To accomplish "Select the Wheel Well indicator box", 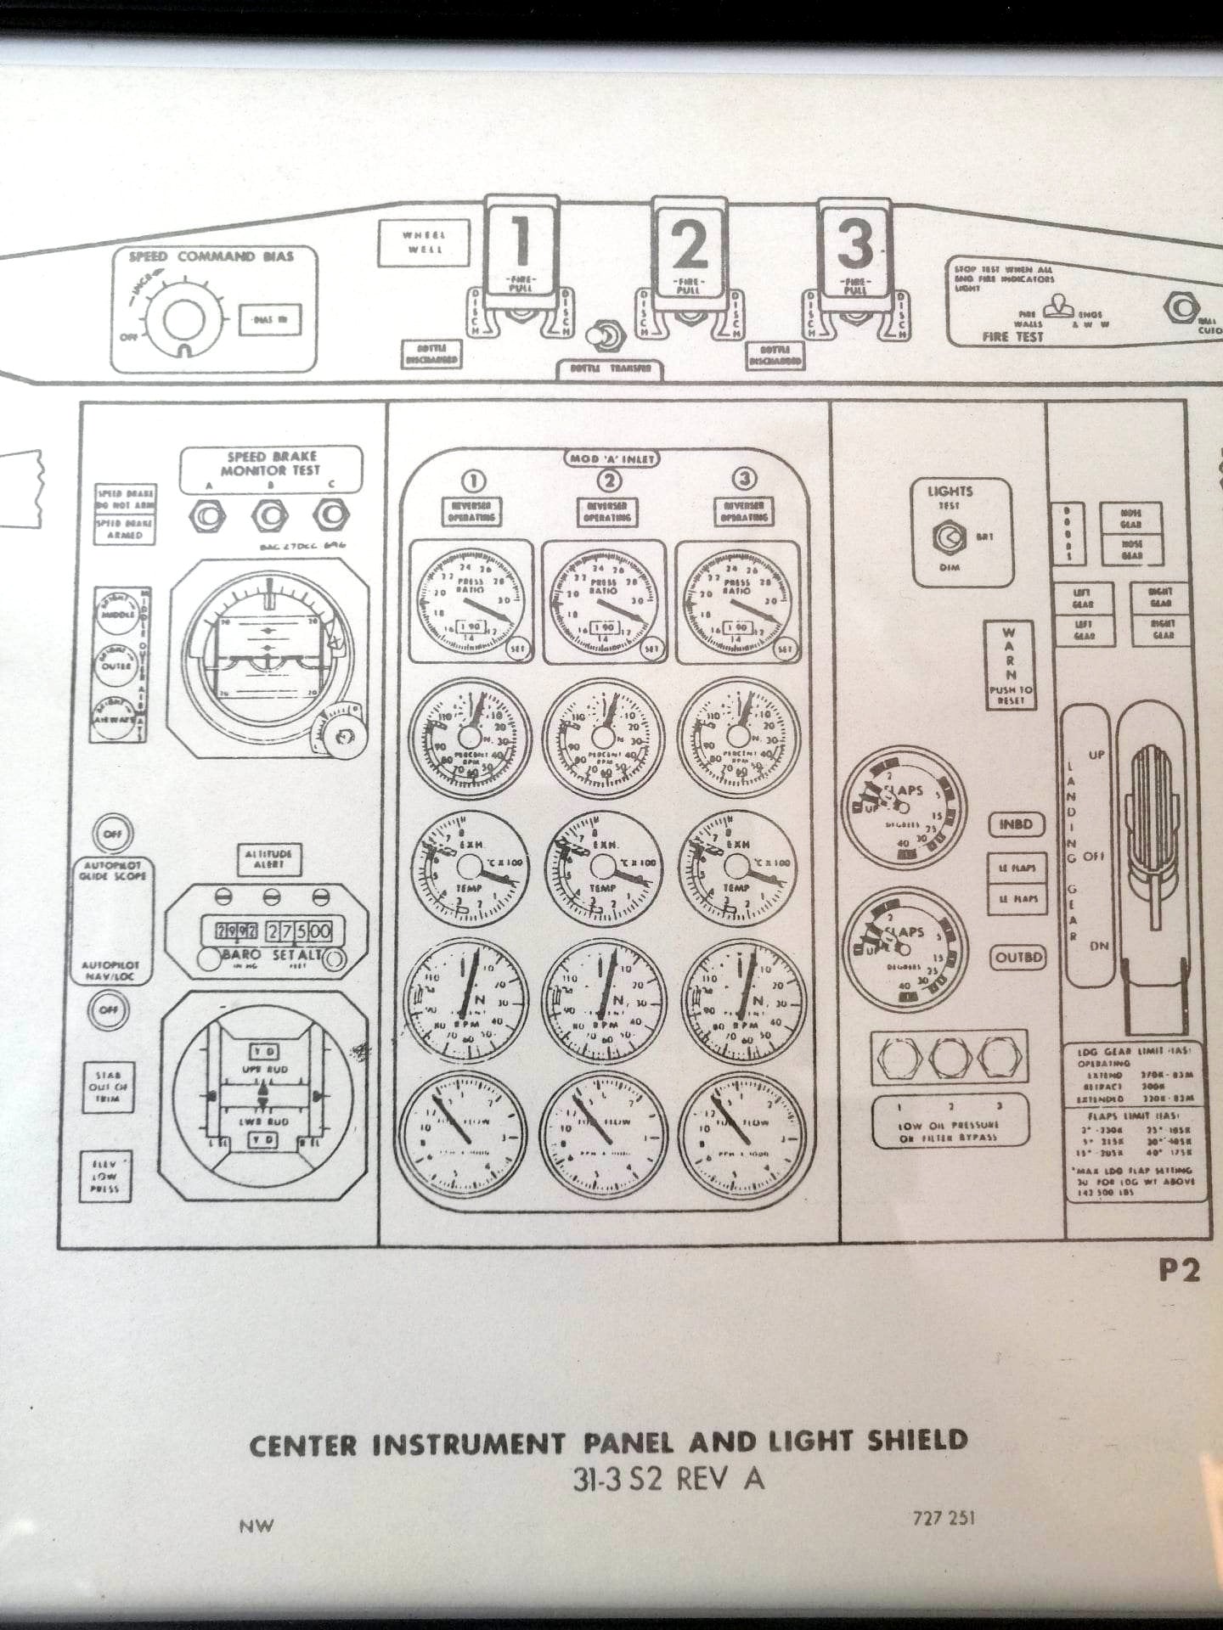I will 424,242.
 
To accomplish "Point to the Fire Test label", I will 1012,337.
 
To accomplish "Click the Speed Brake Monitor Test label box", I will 271,464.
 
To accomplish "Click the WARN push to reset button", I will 1009,667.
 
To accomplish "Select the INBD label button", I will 1016,824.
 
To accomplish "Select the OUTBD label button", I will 1018,957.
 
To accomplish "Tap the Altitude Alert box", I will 268,858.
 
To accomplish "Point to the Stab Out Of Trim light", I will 108,1087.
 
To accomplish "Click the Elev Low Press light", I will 105,1176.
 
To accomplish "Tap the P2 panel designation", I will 1181,1270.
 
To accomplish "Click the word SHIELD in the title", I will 917,1441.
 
